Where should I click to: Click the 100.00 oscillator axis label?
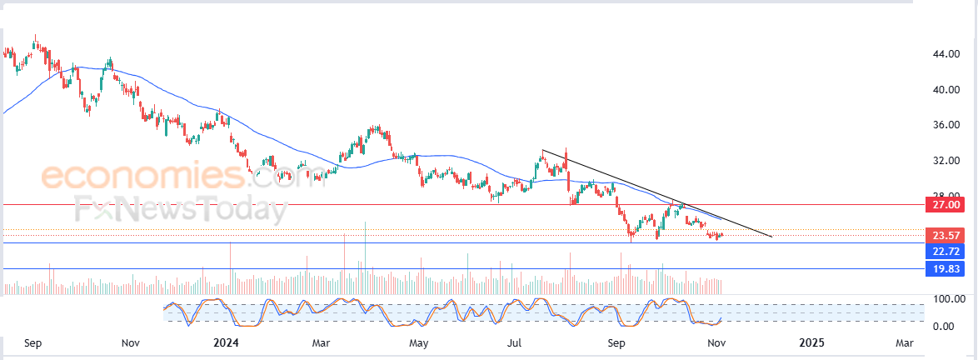(x=948, y=298)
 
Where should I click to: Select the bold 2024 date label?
(x=226, y=342)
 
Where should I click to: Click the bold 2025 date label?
(x=811, y=342)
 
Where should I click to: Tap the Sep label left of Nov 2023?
(x=33, y=342)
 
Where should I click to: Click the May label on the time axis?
(x=419, y=342)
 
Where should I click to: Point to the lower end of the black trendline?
(x=771, y=237)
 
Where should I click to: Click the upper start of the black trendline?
(x=542, y=150)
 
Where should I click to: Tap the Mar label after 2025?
(x=904, y=342)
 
